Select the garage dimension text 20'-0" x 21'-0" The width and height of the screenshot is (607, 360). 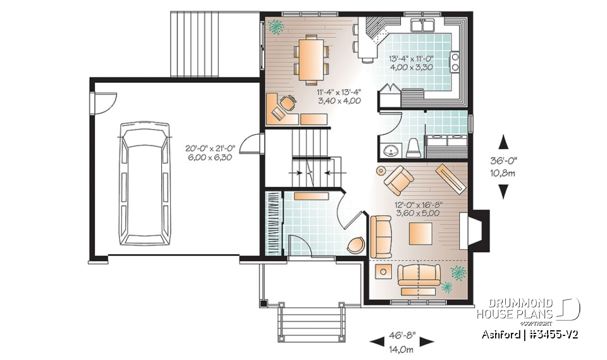[210, 148]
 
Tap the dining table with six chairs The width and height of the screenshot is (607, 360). [310, 59]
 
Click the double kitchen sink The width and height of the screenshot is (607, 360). [423, 26]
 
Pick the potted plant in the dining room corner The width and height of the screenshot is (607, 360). [276, 27]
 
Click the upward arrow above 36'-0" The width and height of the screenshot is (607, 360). [505, 142]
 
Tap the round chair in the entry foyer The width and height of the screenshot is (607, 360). [356, 245]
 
